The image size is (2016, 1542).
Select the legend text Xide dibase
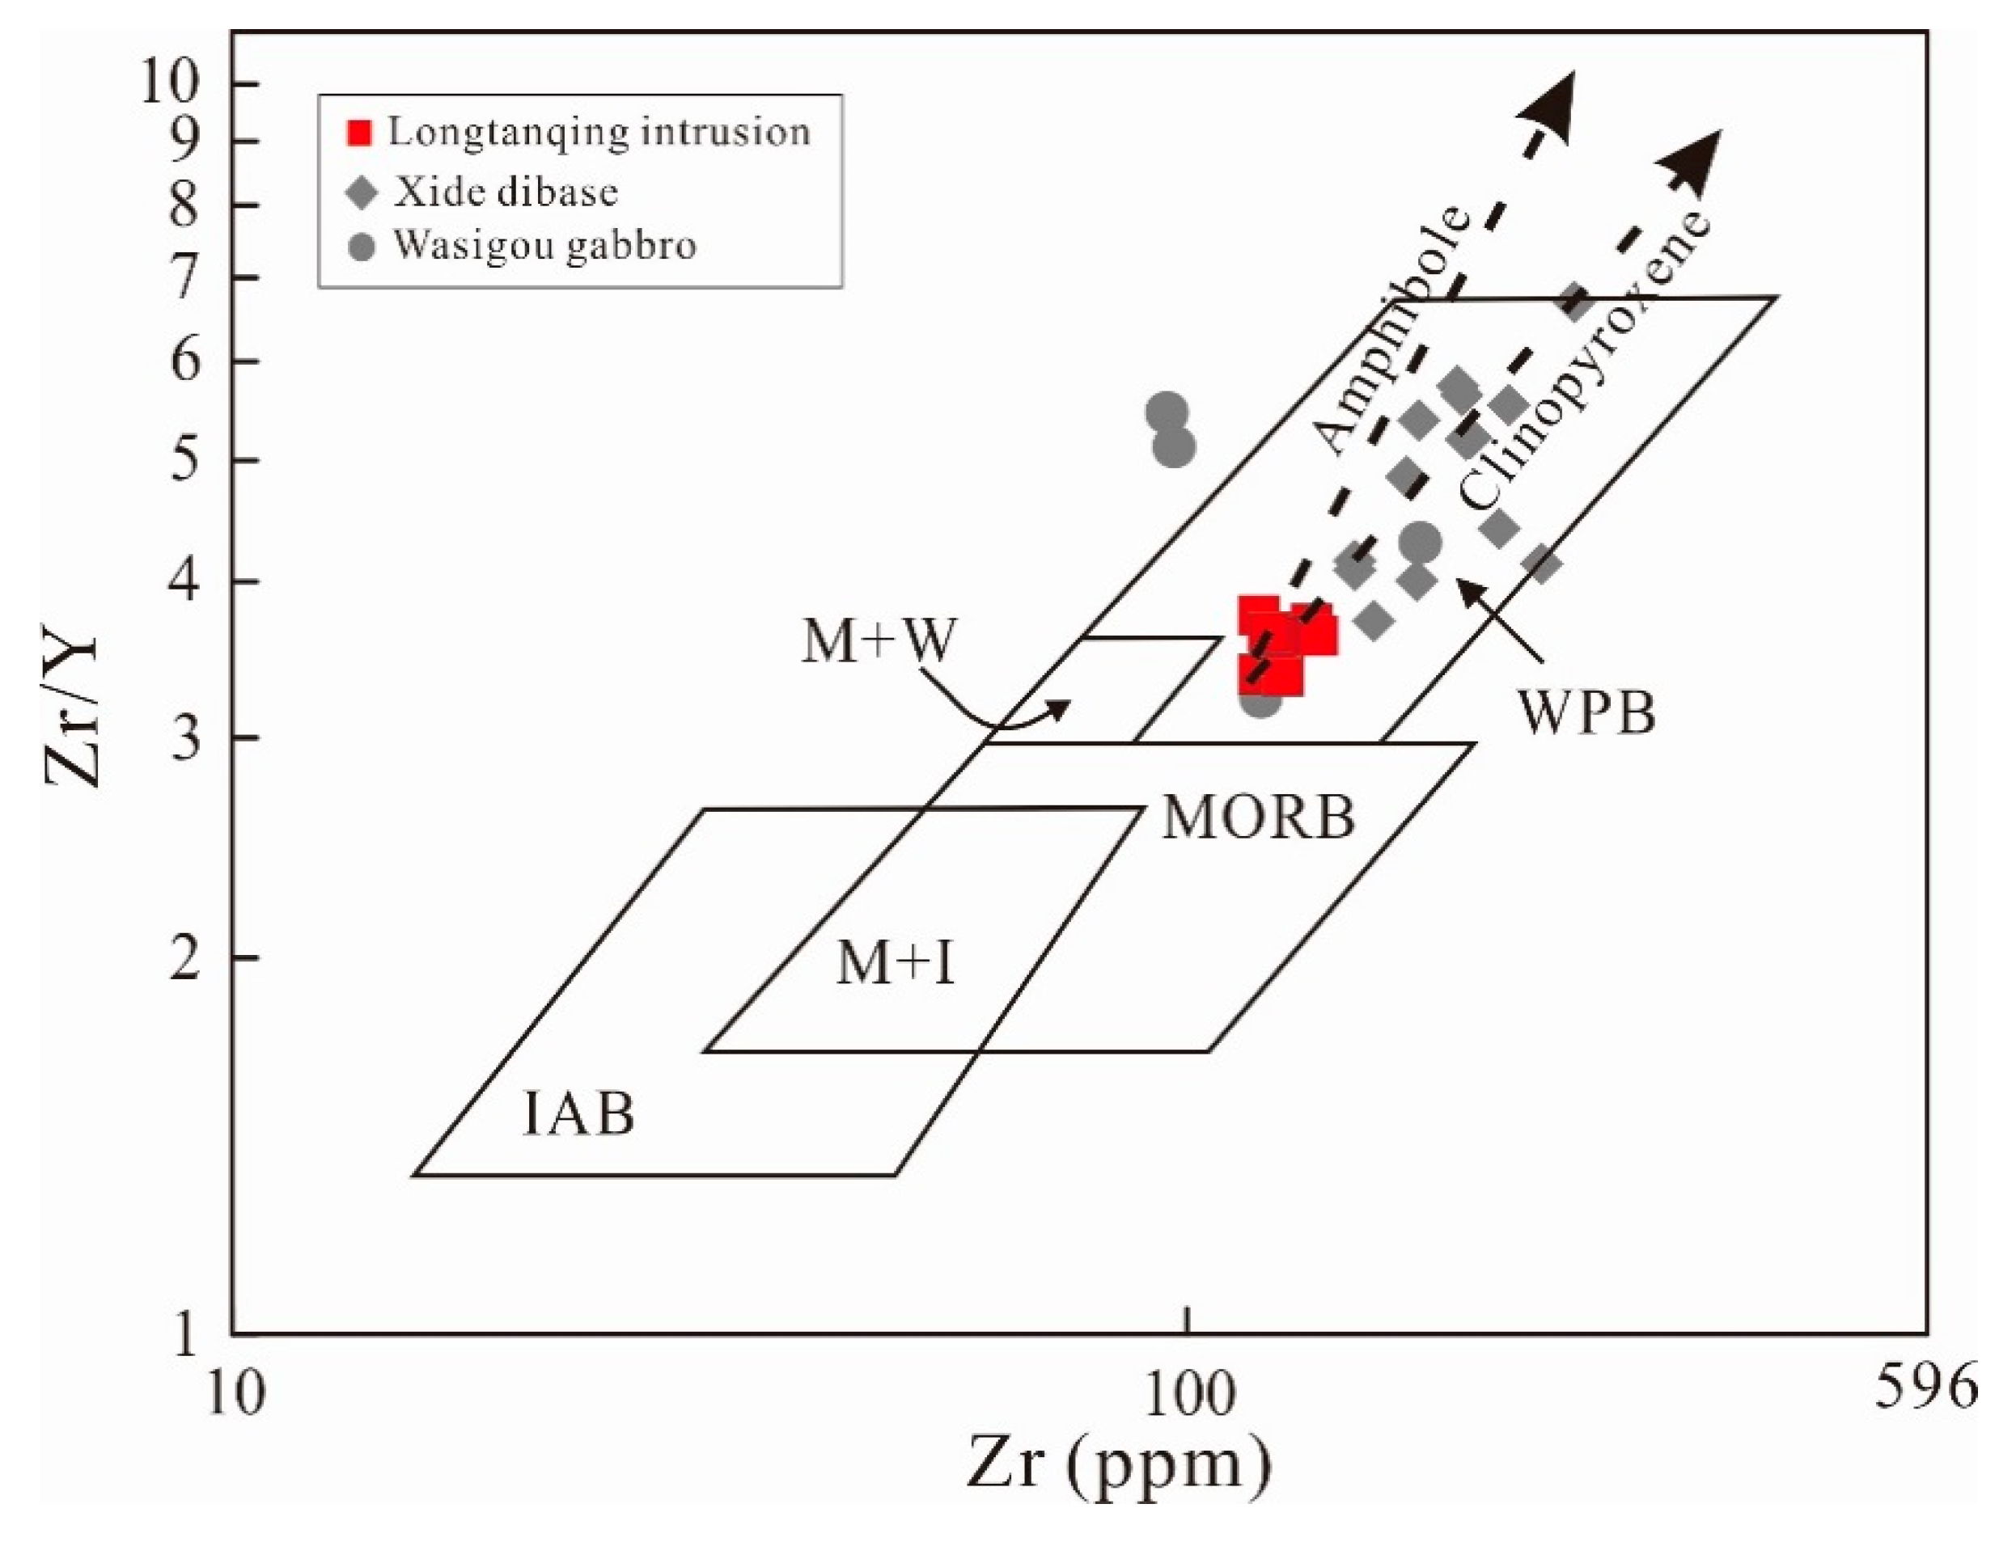tap(506, 192)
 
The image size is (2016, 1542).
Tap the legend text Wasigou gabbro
tap(545, 246)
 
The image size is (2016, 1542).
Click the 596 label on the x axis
tap(1925, 1388)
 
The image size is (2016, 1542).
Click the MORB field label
tap(1259, 816)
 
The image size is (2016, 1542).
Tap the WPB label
tap(1587, 712)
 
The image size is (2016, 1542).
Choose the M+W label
tap(879, 640)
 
